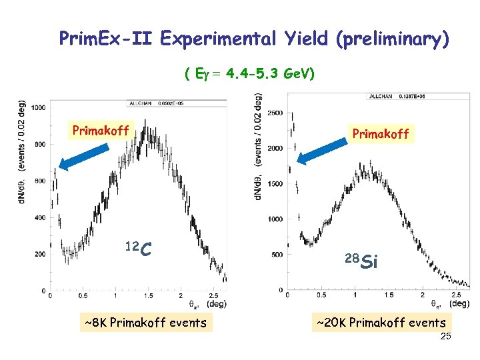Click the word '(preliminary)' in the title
[x=394, y=39]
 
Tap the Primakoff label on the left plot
[x=100, y=129]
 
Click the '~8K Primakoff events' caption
[x=146, y=323]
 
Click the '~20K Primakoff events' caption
[x=381, y=323]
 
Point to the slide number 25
[x=445, y=337]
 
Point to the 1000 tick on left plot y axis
[x=38, y=108]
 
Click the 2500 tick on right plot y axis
[x=275, y=113]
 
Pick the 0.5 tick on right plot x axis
[x=321, y=294]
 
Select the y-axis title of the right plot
[x=258, y=147]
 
